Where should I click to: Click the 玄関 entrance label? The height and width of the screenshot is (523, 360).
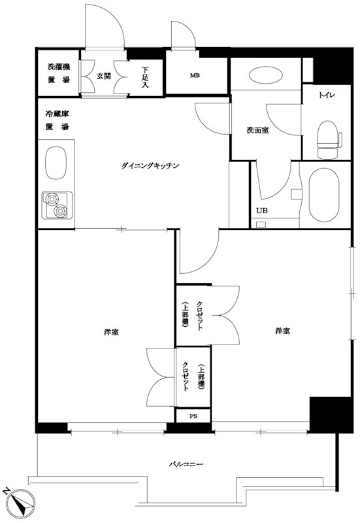103,76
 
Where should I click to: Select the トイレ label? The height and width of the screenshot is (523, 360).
327,96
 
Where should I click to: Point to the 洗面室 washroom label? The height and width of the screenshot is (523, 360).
257,129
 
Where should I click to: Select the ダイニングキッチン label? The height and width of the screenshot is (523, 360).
150,166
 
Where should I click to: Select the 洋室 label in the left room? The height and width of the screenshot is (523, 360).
110,333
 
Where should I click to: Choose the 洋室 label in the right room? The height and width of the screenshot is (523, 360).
282,331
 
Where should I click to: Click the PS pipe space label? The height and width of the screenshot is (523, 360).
193,416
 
